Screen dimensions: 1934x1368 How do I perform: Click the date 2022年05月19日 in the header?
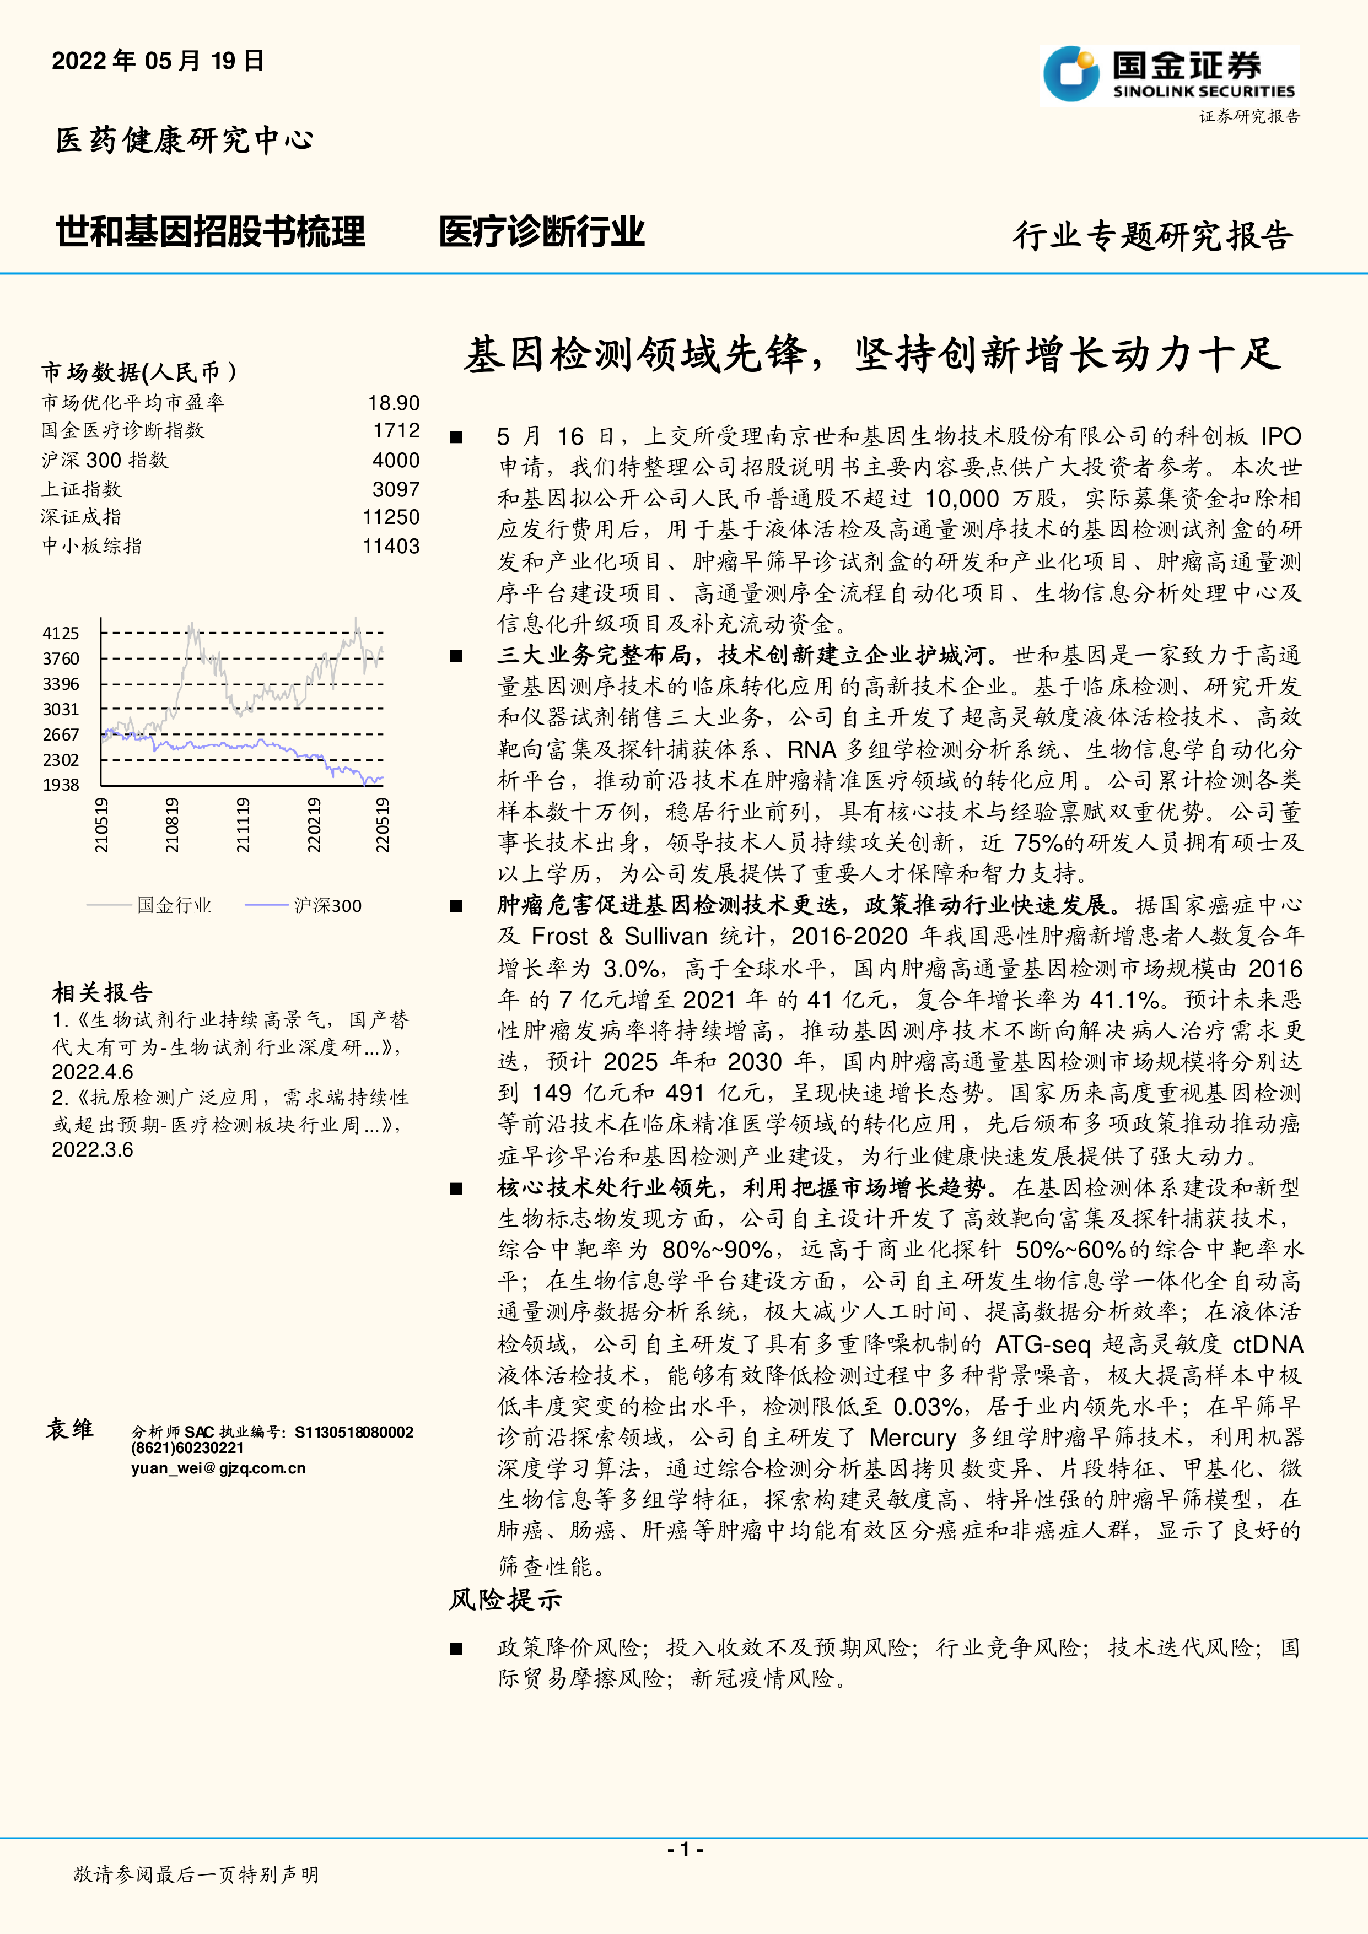[x=158, y=61]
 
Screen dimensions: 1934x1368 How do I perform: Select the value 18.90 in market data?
[x=394, y=403]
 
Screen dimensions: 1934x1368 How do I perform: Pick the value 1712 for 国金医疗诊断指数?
[x=396, y=431]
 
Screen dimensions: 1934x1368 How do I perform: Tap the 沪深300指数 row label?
[x=105, y=460]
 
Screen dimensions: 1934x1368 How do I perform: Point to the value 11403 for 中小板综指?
[x=391, y=546]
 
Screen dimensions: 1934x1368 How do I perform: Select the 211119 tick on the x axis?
[x=243, y=825]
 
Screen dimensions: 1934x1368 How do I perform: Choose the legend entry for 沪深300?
[x=327, y=905]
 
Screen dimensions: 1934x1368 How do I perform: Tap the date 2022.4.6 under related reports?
[x=92, y=1072]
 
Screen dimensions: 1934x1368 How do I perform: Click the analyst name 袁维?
[x=70, y=1429]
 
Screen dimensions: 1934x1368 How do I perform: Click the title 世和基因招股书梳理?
[x=211, y=231]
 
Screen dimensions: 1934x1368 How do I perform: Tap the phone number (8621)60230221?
[x=187, y=1448]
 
